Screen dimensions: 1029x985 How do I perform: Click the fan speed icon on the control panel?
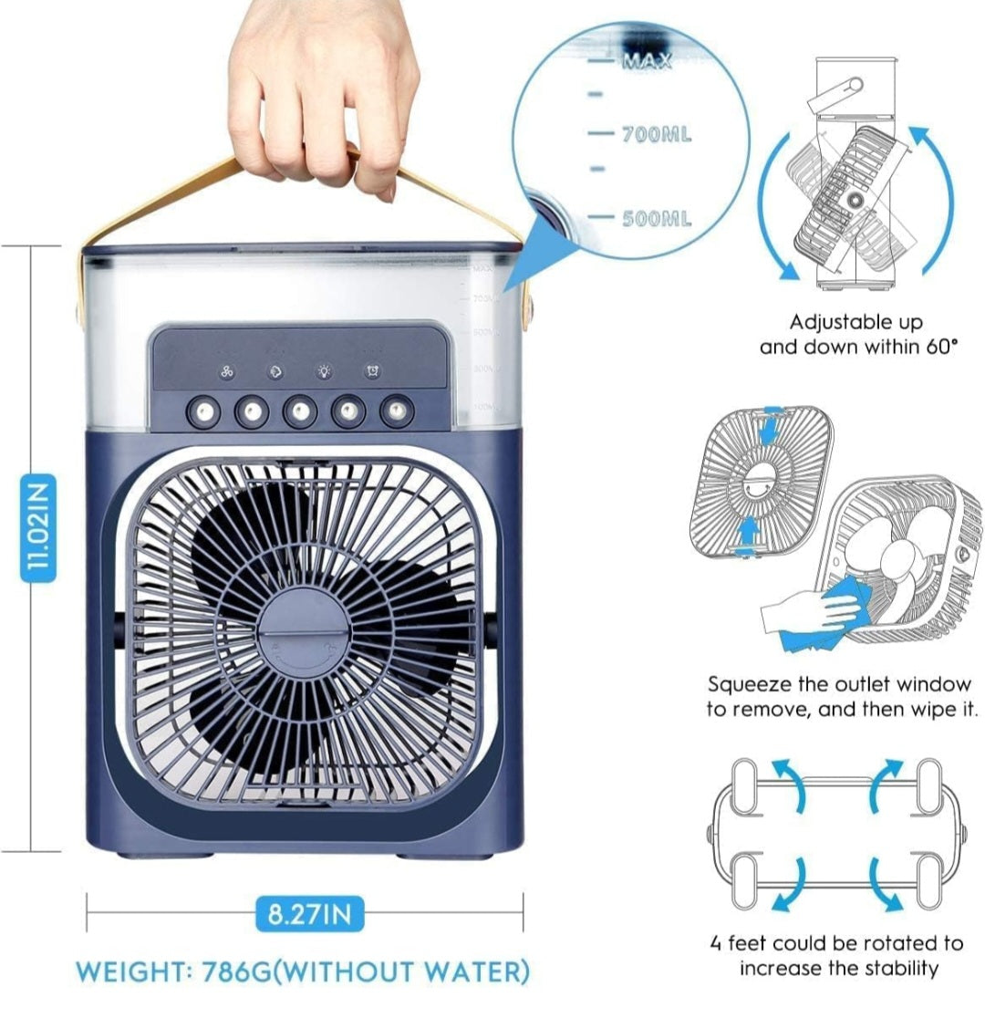(228, 372)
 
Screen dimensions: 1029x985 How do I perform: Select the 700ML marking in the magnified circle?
(656, 135)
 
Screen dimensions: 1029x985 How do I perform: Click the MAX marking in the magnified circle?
(648, 61)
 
